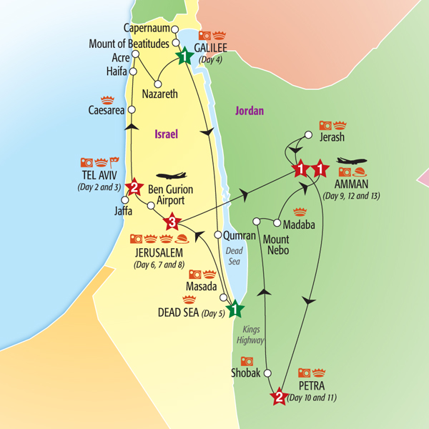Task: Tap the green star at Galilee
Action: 185,56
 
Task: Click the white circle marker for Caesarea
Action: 132,109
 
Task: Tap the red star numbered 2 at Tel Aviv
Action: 132,189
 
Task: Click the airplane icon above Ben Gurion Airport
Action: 172,175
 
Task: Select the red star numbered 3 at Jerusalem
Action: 172,222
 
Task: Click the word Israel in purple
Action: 165,134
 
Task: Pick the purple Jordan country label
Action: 249,111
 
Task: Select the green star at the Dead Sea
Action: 235,311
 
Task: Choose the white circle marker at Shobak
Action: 268,373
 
